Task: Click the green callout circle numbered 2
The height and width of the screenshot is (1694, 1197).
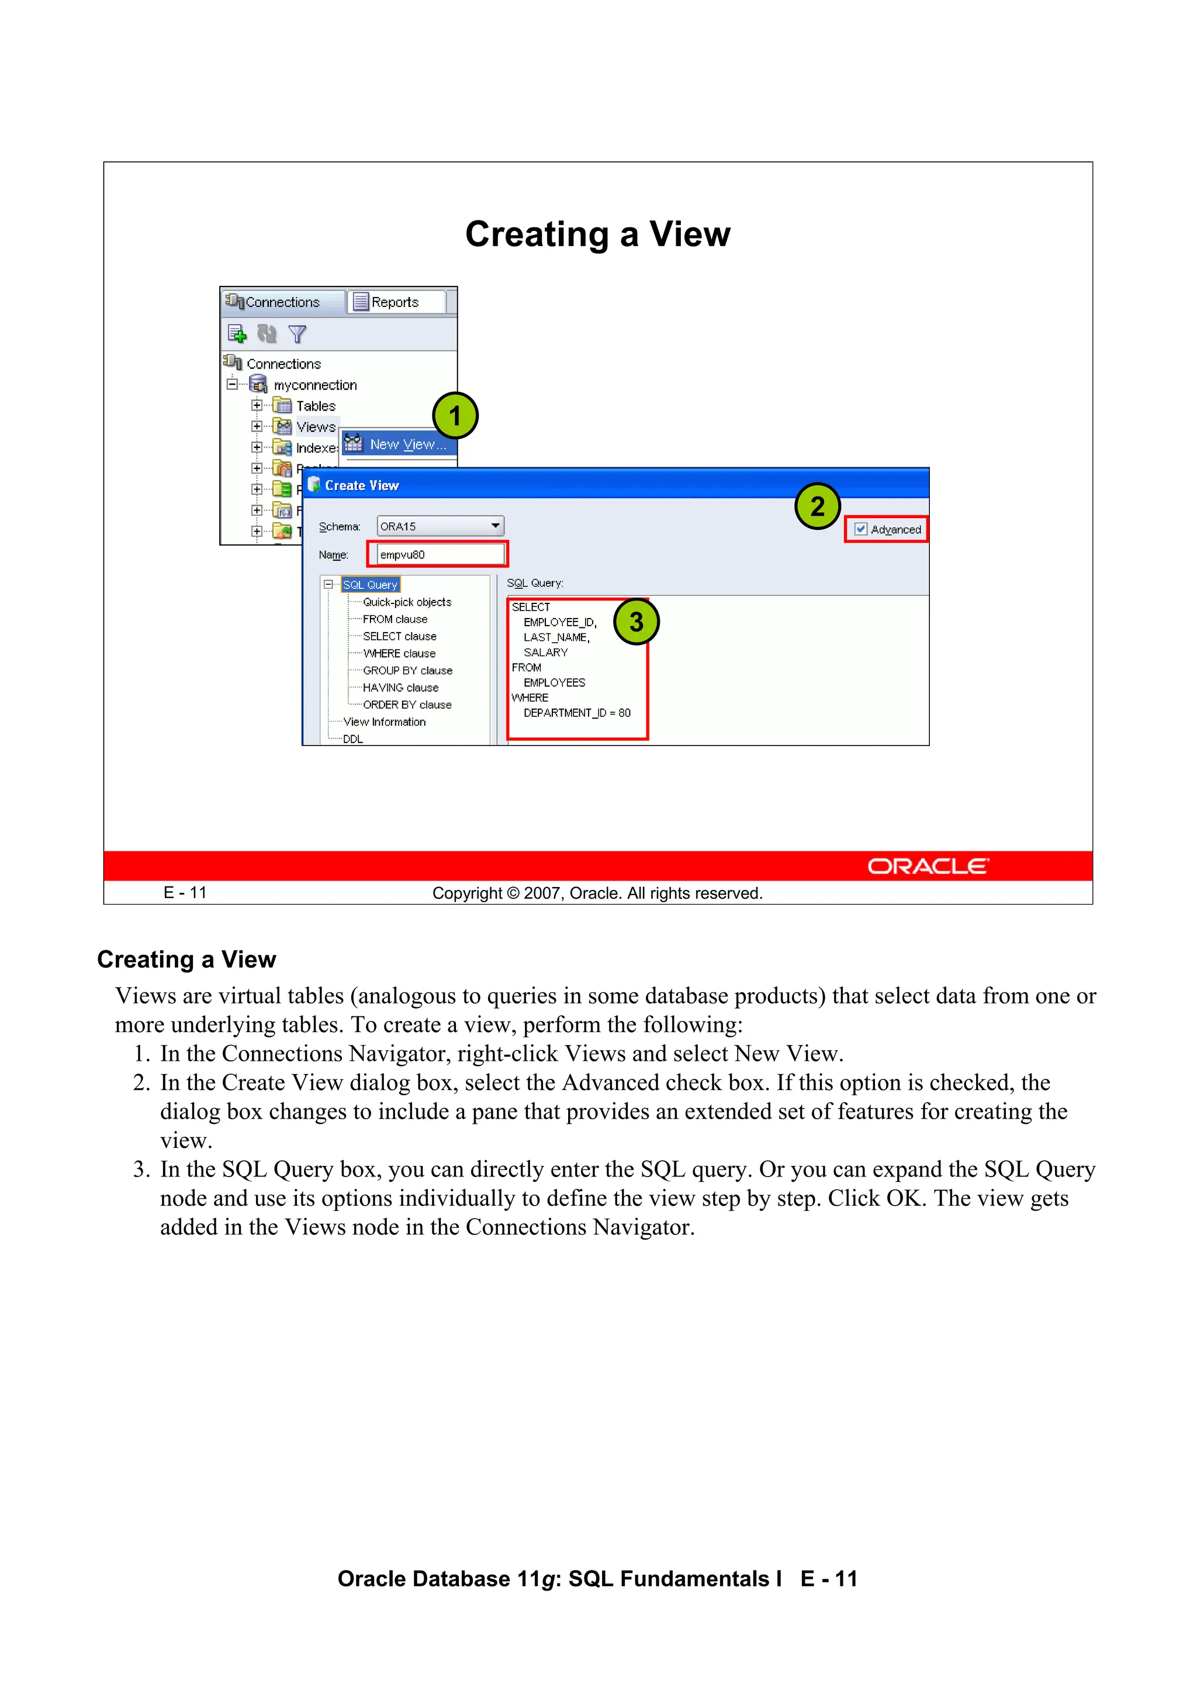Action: pos(817,506)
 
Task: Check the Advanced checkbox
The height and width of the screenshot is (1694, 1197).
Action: pos(861,529)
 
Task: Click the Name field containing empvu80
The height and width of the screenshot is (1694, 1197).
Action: pos(440,555)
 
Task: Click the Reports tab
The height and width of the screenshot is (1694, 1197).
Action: pos(395,302)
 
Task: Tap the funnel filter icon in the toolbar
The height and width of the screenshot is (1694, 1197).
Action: pos(297,334)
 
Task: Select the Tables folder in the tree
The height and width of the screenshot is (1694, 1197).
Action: pos(315,406)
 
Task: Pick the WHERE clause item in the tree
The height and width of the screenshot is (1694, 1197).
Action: pos(399,654)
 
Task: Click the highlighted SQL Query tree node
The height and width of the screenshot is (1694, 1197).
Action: pos(370,584)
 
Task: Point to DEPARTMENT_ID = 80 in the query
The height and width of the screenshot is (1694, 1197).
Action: pos(577,713)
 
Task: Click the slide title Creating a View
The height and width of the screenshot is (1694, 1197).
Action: pos(597,234)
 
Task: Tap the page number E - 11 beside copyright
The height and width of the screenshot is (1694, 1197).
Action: pos(185,893)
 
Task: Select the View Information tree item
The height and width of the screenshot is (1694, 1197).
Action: pos(384,722)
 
